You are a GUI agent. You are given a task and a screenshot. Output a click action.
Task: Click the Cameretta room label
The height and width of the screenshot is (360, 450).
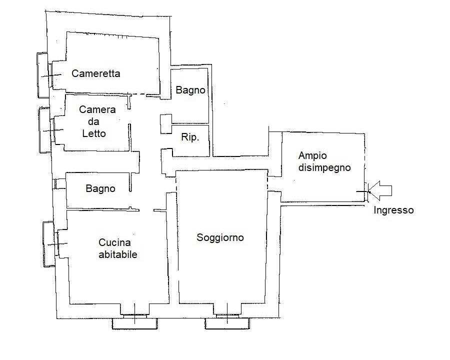(x=96, y=73)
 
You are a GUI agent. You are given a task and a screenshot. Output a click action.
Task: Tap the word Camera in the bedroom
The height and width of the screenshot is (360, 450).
(x=97, y=109)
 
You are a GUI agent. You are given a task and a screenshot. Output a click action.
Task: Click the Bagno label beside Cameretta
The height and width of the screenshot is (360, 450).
(x=190, y=90)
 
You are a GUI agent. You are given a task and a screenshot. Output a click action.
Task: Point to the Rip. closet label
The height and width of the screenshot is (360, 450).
(x=189, y=137)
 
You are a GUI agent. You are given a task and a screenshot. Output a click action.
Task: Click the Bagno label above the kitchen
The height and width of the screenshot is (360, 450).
(x=100, y=188)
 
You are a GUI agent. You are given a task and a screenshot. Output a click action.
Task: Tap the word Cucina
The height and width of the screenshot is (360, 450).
(x=115, y=243)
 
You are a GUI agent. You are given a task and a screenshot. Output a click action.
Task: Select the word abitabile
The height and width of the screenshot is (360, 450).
(x=118, y=254)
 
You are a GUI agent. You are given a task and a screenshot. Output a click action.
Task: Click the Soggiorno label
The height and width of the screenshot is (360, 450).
(x=220, y=237)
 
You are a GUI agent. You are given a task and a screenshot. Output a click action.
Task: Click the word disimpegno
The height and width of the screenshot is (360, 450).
(x=324, y=167)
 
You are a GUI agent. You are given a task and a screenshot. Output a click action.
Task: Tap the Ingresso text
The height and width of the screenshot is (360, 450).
(x=393, y=210)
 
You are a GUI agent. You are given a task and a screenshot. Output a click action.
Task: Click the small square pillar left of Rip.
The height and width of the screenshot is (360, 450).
(x=165, y=124)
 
